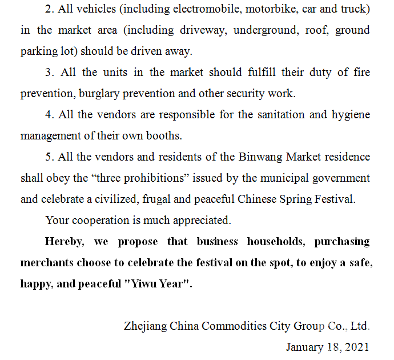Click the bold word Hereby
click(65, 241)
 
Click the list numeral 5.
click(48, 157)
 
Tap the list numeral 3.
click(48, 73)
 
